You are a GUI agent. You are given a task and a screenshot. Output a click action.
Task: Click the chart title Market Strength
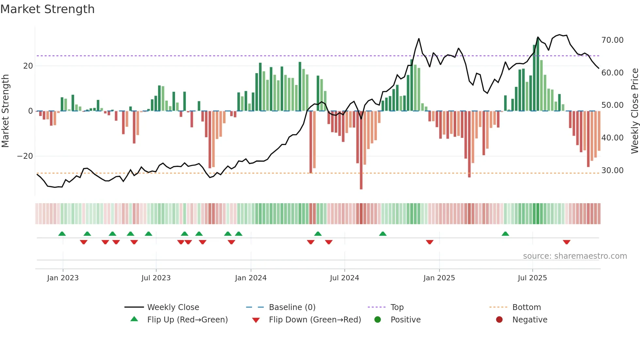(x=47, y=9)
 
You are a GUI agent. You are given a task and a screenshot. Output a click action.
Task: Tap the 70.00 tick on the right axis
(x=612, y=40)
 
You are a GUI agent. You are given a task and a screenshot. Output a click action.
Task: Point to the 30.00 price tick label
(x=612, y=171)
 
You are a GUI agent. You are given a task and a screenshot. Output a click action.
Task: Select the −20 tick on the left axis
(x=25, y=156)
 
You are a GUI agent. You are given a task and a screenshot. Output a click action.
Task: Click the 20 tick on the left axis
(x=28, y=66)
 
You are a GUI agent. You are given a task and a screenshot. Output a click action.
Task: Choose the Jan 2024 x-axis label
(x=250, y=278)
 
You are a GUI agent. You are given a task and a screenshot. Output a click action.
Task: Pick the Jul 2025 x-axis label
(x=532, y=278)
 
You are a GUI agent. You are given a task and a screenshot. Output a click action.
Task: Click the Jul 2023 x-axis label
(x=156, y=278)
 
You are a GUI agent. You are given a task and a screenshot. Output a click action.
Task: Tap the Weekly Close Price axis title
(x=634, y=111)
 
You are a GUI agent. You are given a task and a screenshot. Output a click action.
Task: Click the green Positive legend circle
(x=378, y=320)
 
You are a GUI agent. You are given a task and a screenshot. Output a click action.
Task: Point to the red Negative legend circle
(x=499, y=320)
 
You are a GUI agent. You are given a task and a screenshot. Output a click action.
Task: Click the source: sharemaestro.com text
(x=575, y=256)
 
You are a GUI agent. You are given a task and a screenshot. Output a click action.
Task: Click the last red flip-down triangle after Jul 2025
(x=567, y=242)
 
